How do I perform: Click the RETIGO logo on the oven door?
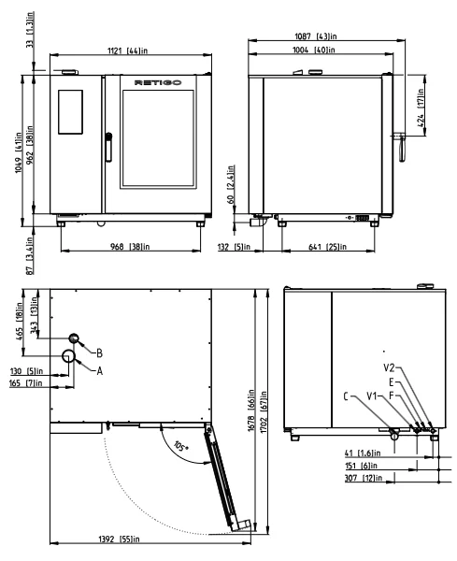click(x=158, y=82)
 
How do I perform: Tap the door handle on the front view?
click(x=108, y=147)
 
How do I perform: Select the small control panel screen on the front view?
click(x=70, y=112)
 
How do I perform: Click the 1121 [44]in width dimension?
click(x=128, y=50)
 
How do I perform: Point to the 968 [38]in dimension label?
click(x=130, y=247)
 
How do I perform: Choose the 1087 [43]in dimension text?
click(x=316, y=36)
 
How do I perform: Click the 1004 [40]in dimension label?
click(x=314, y=50)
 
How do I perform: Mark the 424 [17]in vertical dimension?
click(x=421, y=108)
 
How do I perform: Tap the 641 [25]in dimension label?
click(x=327, y=247)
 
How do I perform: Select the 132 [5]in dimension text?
click(x=234, y=247)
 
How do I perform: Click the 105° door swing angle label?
click(x=181, y=446)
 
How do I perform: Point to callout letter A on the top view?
click(x=100, y=371)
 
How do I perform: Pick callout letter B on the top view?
click(x=99, y=353)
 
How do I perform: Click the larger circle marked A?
click(x=68, y=355)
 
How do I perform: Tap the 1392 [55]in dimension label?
click(x=119, y=539)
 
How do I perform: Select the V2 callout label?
click(x=389, y=367)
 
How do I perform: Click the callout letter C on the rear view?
click(x=346, y=396)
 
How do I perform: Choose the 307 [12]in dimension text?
click(x=364, y=478)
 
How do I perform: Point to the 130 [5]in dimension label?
click(x=26, y=371)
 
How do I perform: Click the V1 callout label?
click(x=372, y=396)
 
